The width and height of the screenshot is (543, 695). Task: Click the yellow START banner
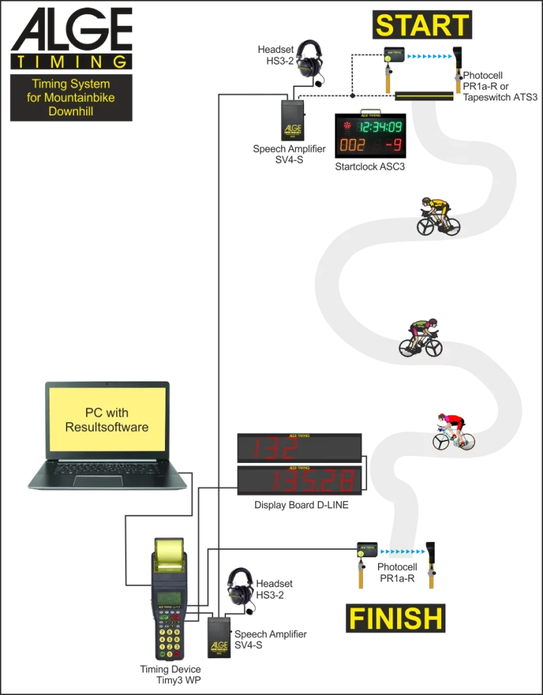pyautogui.click(x=422, y=25)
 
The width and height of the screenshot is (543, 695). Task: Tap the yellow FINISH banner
pyautogui.click(x=396, y=618)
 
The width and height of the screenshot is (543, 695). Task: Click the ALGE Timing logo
pyautogui.click(x=71, y=38)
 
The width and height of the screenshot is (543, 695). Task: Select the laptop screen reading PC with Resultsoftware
pyautogui.click(x=107, y=419)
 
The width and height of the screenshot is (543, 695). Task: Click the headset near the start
pyautogui.click(x=310, y=62)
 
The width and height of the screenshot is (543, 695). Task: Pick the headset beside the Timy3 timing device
pyautogui.click(x=241, y=590)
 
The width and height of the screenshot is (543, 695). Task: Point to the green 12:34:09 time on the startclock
pyautogui.click(x=381, y=127)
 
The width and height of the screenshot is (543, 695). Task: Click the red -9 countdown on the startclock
pyautogui.click(x=393, y=145)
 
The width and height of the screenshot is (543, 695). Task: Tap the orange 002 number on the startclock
pyautogui.click(x=352, y=145)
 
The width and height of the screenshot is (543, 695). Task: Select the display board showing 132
pyautogui.click(x=299, y=448)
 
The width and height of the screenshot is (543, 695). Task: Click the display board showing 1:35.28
pyautogui.click(x=299, y=480)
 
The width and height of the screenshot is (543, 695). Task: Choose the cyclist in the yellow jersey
pyautogui.click(x=438, y=217)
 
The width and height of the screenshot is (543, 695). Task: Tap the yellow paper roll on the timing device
pyautogui.click(x=169, y=553)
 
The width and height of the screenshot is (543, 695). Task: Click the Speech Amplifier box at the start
pyautogui.click(x=293, y=121)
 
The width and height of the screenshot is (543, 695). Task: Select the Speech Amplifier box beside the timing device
pyautogui.click(x=219, y=638)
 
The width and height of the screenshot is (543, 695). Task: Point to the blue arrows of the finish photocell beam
pyautogui.click(x=402, y=552)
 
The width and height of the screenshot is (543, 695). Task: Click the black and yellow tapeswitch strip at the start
pyautogui.click(x=424, y=96)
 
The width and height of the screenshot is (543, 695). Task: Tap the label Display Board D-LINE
pyautogui.click(x=301, y=505)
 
